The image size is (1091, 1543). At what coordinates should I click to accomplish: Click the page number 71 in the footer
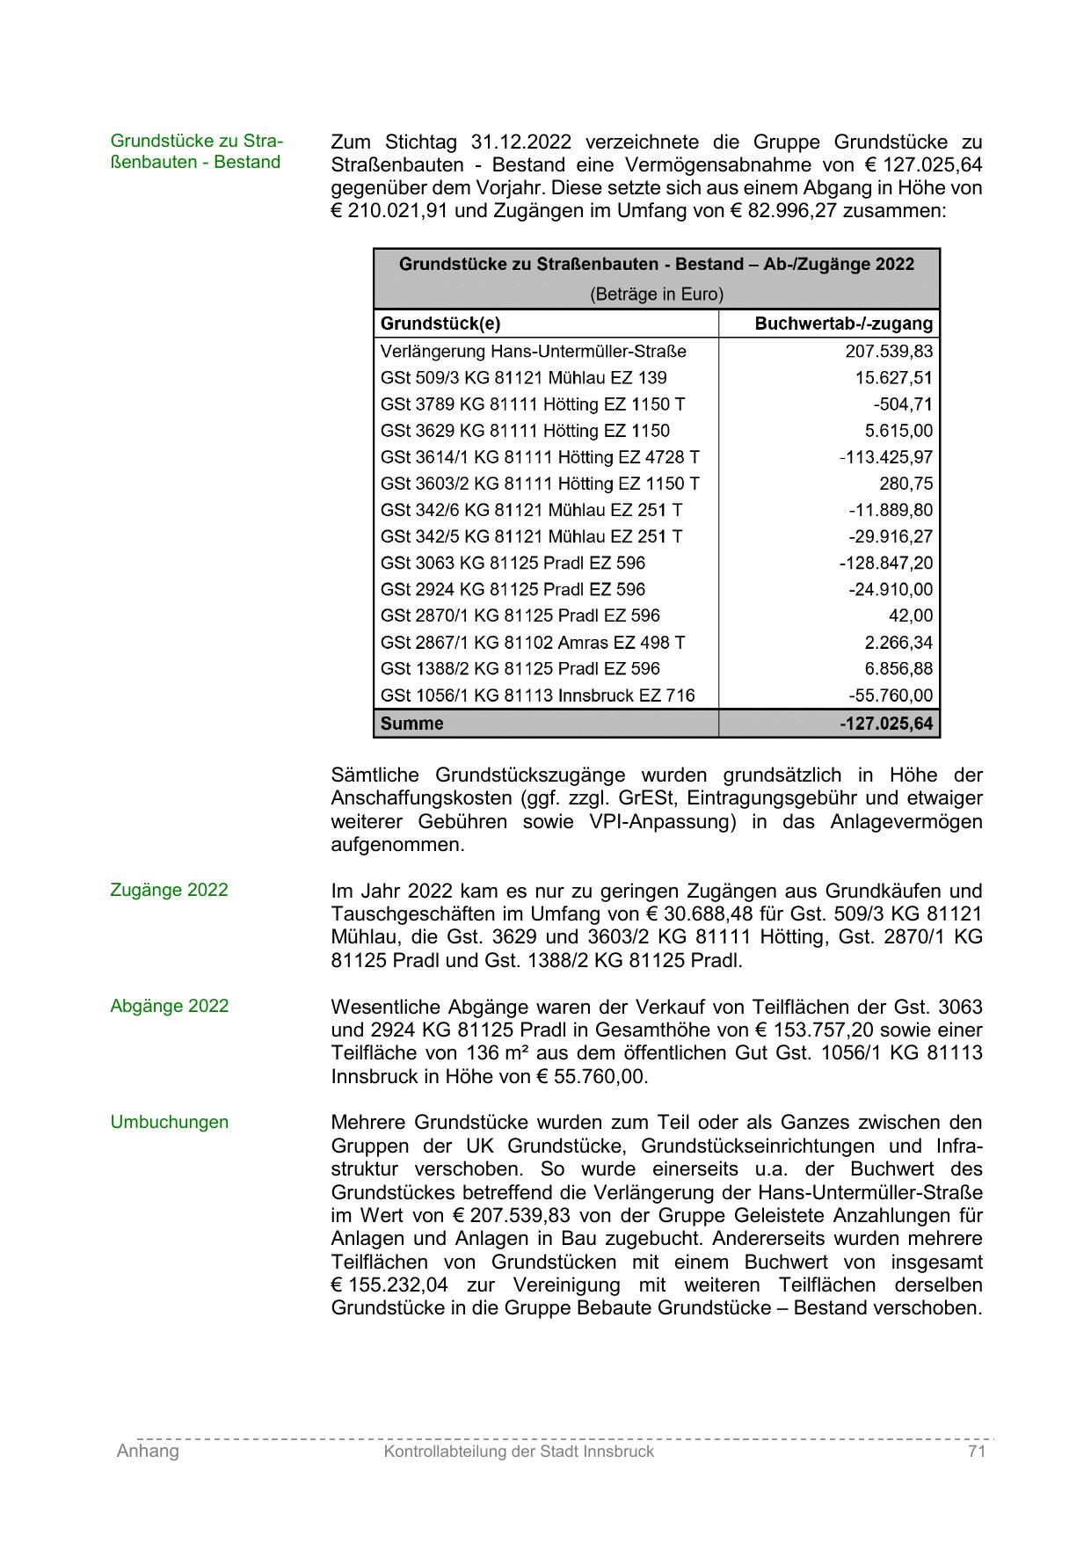976,1452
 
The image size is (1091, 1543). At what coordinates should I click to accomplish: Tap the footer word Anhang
148,1452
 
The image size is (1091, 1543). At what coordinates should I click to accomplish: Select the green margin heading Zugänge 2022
169,890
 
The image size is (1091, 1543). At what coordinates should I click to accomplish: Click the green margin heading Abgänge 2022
169,1006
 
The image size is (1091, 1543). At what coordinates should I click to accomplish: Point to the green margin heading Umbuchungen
169,1122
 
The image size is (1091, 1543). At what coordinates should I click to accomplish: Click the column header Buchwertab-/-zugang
843,324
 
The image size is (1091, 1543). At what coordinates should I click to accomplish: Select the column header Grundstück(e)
440,324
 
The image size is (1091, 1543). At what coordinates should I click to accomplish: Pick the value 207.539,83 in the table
889,352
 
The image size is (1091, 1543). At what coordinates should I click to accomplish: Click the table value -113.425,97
886,457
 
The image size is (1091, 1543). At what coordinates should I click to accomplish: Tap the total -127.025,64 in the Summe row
886,724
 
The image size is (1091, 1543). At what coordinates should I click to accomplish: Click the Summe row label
411,724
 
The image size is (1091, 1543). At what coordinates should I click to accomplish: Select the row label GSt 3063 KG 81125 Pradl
513,563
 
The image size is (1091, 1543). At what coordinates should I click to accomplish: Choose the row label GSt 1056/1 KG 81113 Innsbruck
537,695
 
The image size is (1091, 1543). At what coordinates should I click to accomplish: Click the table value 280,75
906,484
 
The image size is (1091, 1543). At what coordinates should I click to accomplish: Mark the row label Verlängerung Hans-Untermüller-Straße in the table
533,352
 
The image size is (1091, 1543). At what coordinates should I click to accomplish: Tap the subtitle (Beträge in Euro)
656,294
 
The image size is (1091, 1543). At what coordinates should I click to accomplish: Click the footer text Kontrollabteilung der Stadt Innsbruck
519,1452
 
